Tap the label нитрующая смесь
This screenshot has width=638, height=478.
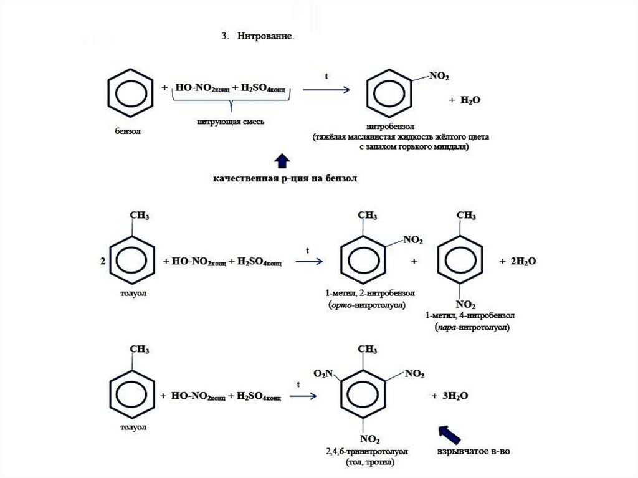229,122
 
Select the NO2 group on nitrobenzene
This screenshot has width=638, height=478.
438,77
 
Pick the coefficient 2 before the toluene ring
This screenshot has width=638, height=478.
103,262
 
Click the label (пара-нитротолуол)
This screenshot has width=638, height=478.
469,327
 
